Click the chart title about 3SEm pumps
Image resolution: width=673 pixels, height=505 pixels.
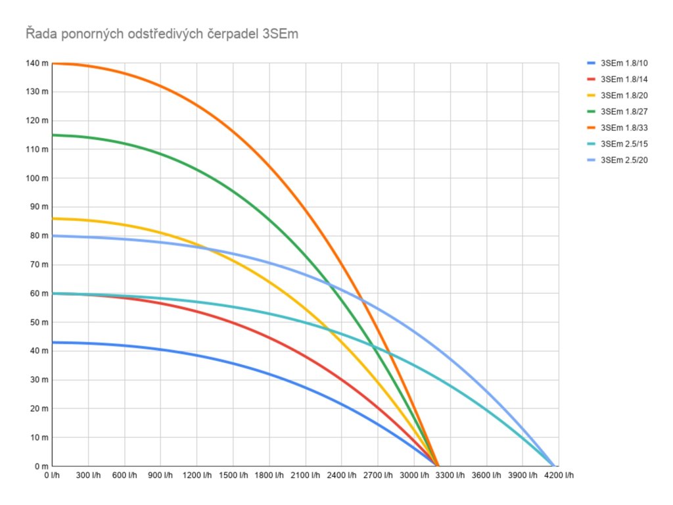click(x=162, y=34)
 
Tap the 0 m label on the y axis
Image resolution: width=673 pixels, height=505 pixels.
click(x=41, y=466)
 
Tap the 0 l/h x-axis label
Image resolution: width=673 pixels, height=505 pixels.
click(x=53, y=475)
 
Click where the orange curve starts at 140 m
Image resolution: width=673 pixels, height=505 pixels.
click(x=53, y=64)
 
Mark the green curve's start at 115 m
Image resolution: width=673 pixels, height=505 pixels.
click(x=53, y=135)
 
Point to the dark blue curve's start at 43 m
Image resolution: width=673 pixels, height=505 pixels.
click(x=53, y=343)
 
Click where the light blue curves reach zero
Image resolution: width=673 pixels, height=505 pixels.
click(x=553, y=466)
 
